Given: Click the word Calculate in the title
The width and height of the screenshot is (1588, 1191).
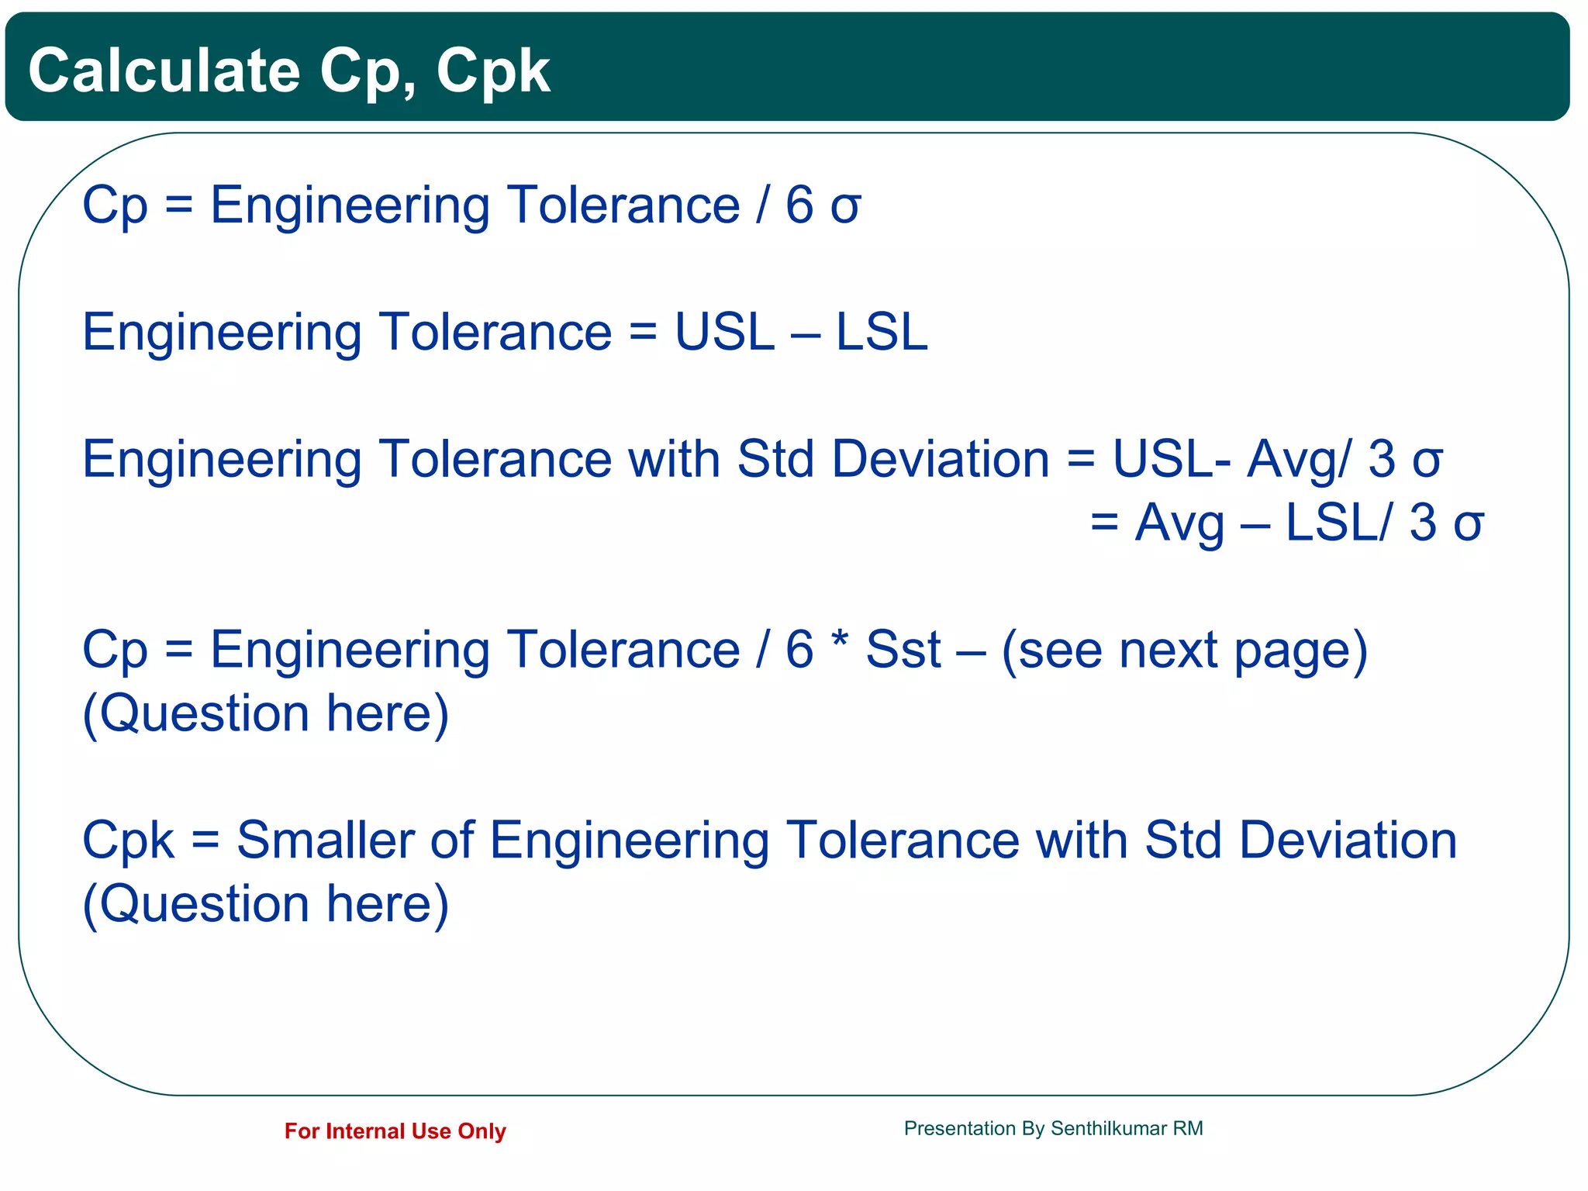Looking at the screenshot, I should coord(164,71).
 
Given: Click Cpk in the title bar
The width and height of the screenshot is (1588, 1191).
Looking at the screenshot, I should coord(492,72).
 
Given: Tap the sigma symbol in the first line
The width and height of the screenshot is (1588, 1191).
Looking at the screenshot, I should coord(845,208).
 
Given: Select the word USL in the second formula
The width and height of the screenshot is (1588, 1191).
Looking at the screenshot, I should coord(724,333).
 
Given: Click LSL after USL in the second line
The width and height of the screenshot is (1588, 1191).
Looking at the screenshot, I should coord(881,333).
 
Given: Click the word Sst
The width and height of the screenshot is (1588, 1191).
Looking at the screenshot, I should coord(903,650).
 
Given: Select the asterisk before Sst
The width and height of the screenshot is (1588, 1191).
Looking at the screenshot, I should coord(839,640).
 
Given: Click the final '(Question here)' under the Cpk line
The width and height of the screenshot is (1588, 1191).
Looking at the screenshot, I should coord(266,905).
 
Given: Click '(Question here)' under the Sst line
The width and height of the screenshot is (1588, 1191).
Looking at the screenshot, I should coord(266,714).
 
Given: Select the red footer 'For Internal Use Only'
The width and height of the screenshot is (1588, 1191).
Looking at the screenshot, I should coord(395,1131).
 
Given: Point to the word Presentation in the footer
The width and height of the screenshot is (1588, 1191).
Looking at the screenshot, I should coord(959,1129).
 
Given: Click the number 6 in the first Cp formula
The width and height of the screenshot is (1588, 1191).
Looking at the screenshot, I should coord(799,206).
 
